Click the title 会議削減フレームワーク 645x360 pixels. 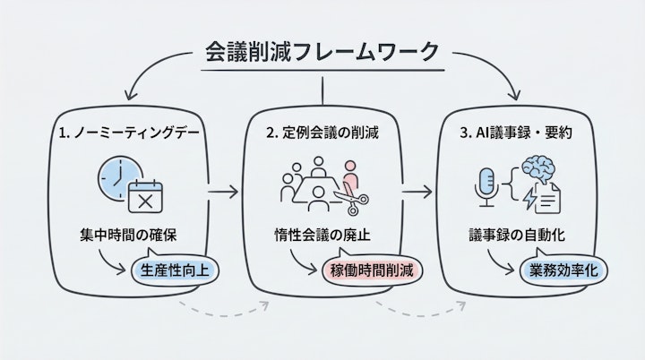[x=322, y=50]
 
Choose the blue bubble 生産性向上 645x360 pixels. [x=175, y=269]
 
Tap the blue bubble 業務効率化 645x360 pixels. [x=563, y=269]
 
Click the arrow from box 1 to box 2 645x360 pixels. [x=224, y=191]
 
